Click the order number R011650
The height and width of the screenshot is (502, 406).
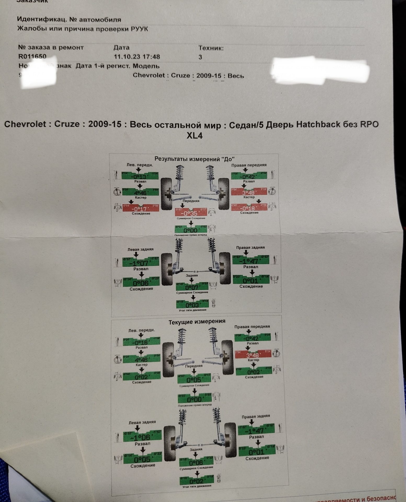(32, 56)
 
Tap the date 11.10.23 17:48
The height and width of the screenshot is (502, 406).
(137, 57)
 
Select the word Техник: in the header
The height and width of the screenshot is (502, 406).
(211, 48)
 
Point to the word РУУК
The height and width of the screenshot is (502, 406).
(139, 29)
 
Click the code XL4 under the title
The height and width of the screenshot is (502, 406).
(194, 136)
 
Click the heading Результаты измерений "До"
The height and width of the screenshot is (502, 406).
(195, 159)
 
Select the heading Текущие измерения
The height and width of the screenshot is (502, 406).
(197, 321)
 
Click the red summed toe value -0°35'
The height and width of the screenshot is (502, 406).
(190, 213)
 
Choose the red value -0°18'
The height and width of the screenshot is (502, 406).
(248, 208)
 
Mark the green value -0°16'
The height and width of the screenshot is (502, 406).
(141, 343)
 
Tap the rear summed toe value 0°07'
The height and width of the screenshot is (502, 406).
(192, 288)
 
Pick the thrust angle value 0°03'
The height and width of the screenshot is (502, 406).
(193, 305)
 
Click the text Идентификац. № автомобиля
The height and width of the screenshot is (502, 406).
(69, 20)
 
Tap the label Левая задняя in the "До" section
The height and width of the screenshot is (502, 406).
(140, 249)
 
